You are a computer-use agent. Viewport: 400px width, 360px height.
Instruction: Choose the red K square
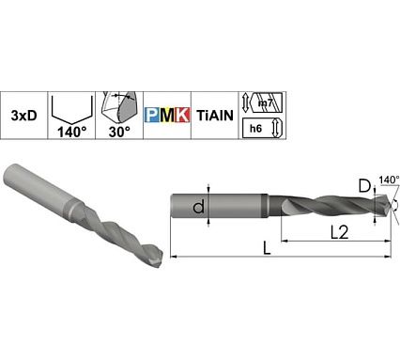coord(182,116)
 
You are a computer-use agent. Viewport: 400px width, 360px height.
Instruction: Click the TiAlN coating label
coord(215,115)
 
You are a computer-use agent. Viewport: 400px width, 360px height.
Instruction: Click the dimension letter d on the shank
coord(199,207)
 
